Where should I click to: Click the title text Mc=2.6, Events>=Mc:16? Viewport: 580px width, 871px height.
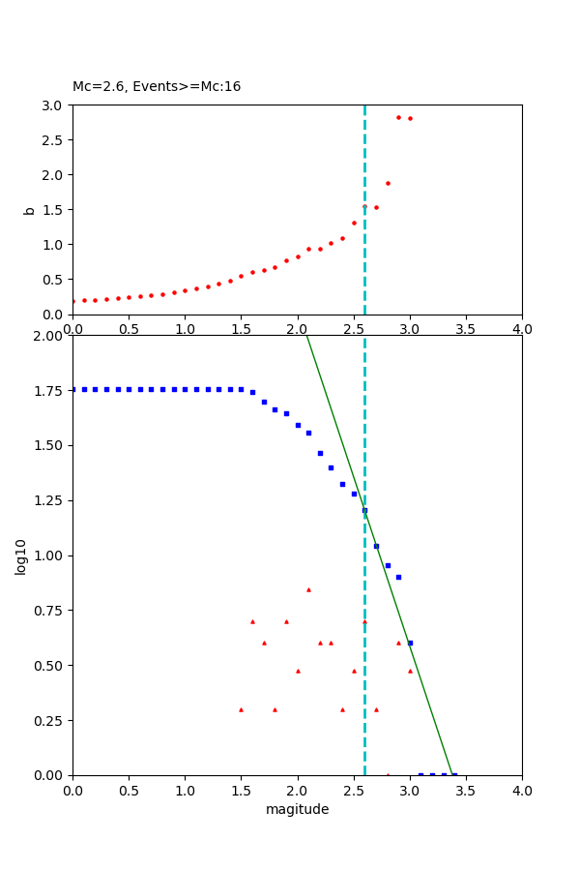(157, 87)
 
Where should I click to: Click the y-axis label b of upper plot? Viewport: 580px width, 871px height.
(29, 210)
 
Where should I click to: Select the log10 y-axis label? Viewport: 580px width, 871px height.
(20, 556)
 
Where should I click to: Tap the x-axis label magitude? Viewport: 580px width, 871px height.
(297, 810)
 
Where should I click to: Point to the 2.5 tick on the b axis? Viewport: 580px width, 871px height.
(52, 140)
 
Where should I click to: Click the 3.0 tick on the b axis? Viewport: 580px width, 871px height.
(52, 105)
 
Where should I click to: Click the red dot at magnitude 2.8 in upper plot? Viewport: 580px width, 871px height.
(388, 183)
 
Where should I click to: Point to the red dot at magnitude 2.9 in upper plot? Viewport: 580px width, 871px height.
(398, 117)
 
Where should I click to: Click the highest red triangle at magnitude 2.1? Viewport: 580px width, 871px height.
(308, 589)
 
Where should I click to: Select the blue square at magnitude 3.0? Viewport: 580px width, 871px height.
(410, 643)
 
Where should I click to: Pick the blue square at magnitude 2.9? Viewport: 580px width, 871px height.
(398, 577)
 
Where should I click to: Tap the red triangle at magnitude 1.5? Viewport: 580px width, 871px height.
(241, 709)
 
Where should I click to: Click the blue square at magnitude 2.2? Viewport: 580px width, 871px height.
(320, 453)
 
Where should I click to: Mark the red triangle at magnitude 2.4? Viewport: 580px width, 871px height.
(342, 709)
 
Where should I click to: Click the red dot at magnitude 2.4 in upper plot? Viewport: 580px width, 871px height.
(342, 238)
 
